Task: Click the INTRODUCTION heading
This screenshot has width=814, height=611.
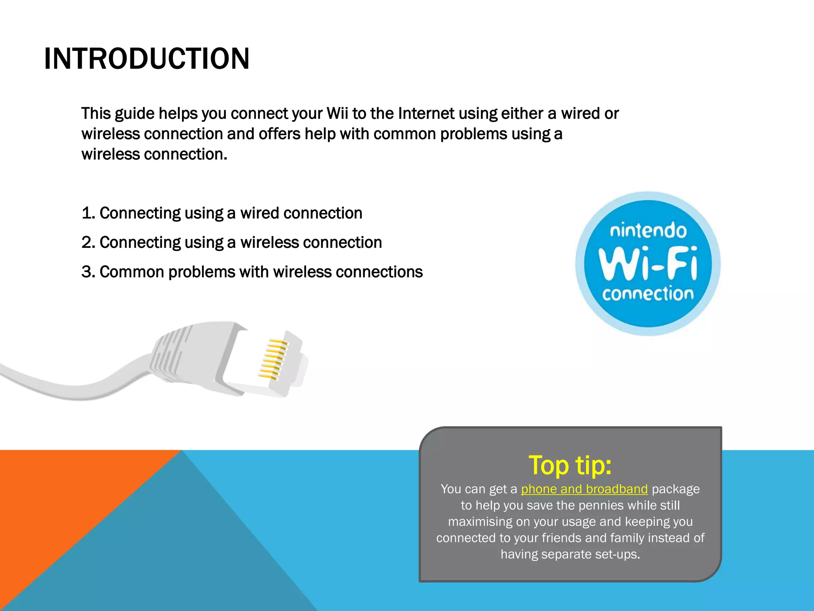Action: tap(147, 59)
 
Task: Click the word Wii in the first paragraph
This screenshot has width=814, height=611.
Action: tap(337, 114)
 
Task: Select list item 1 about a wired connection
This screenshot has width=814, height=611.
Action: tap(222, 213)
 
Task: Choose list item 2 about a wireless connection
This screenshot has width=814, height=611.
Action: tap(232, 243)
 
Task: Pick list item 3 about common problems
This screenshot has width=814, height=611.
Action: tap(252, 272)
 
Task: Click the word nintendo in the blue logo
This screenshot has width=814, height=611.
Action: tap(648, 231)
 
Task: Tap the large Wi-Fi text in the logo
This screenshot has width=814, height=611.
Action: tap(648, 263)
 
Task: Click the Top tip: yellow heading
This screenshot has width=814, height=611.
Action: tap(570, 465)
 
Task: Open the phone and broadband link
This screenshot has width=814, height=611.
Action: tap(584, 489)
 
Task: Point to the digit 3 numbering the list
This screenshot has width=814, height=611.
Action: tap(87, 272)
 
